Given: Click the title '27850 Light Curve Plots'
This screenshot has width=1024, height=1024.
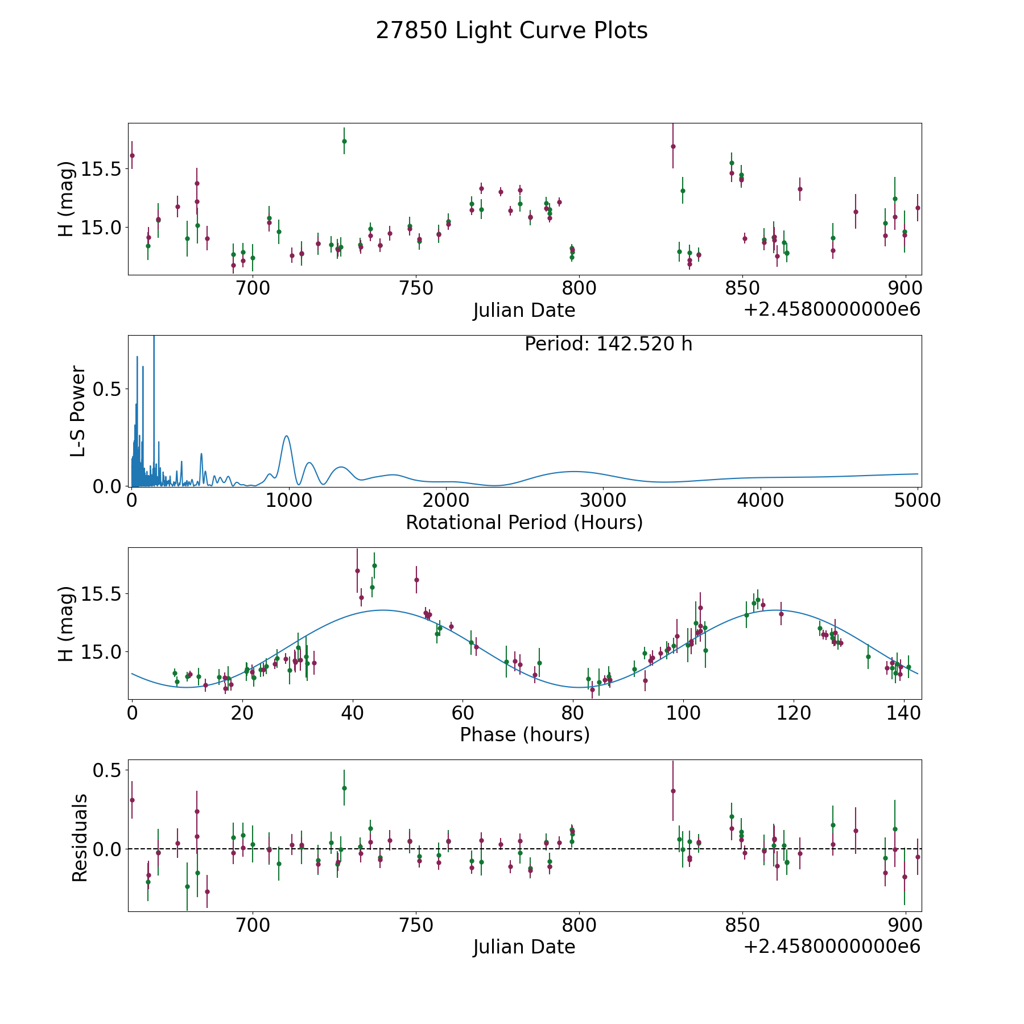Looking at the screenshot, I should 511,31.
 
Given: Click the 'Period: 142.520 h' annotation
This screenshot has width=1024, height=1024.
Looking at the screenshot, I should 608,344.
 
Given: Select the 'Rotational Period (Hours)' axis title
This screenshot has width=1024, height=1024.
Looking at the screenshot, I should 524,522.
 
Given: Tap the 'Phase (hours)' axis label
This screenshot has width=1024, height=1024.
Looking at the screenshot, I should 524,734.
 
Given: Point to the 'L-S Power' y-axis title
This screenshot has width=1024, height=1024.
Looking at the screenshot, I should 79,411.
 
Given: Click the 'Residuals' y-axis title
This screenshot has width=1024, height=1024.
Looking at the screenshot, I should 80,837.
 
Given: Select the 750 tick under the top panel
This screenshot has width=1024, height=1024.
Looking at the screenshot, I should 416,288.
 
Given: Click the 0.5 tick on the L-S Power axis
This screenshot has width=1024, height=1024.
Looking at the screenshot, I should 109,389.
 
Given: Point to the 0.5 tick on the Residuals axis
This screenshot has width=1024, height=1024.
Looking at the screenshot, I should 109,770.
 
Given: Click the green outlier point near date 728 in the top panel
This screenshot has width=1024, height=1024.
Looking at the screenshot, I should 344,141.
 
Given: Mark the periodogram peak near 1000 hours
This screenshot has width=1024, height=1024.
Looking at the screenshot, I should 286,436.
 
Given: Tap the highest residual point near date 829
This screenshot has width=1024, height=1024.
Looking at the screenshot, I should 673,791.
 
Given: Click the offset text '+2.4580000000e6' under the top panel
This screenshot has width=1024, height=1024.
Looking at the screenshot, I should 832,309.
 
